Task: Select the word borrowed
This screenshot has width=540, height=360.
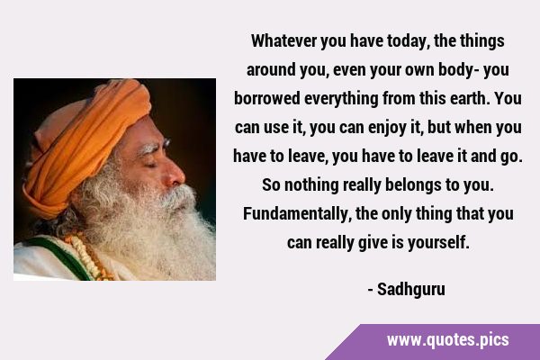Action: click(267, 98)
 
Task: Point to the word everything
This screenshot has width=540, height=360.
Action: click(341, 99)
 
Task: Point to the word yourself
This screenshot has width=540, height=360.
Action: click(438, 243)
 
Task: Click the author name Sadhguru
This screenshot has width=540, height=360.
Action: click(410, 290)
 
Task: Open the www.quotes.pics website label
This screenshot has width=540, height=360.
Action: click(447, 340)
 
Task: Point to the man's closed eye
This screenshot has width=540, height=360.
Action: click(151, 166)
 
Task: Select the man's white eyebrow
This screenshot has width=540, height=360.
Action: click(152, 148)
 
